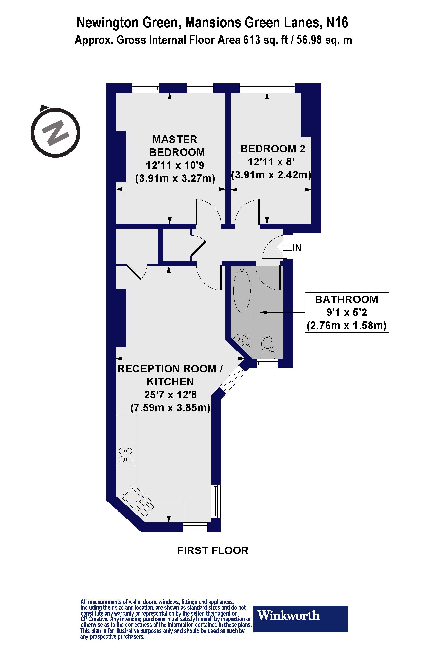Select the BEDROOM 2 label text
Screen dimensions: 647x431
click(x=273, y=149)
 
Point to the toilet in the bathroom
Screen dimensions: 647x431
click(x=267, y=345)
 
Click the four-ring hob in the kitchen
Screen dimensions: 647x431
click(x=125, y=455)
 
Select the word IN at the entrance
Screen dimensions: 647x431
click(x=297, y=247)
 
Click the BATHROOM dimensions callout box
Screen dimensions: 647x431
click(x=347, y=312)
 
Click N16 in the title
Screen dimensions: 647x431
click(x=337, y=23)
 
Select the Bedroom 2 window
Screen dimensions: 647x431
click(x=267, y=88)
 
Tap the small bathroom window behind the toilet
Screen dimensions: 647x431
click(x=267, y=363)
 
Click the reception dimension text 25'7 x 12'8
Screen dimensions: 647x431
click(x=170, y=395)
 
